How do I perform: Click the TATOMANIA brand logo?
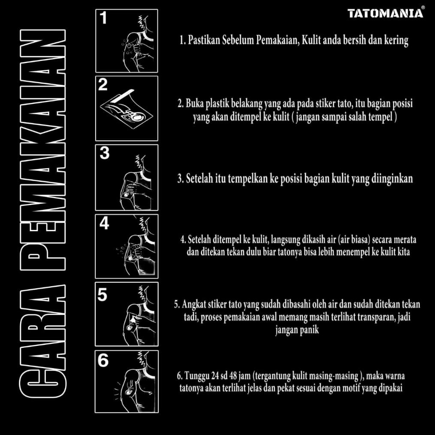point(385,13)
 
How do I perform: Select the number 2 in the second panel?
point(103,85)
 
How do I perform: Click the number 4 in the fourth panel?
point(104,223)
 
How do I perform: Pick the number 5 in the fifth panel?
point(103,295)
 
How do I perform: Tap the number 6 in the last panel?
point(103,361)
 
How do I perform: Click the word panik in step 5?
point(309,331)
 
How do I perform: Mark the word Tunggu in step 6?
point(197,376)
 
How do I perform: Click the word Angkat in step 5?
point(194,305)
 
